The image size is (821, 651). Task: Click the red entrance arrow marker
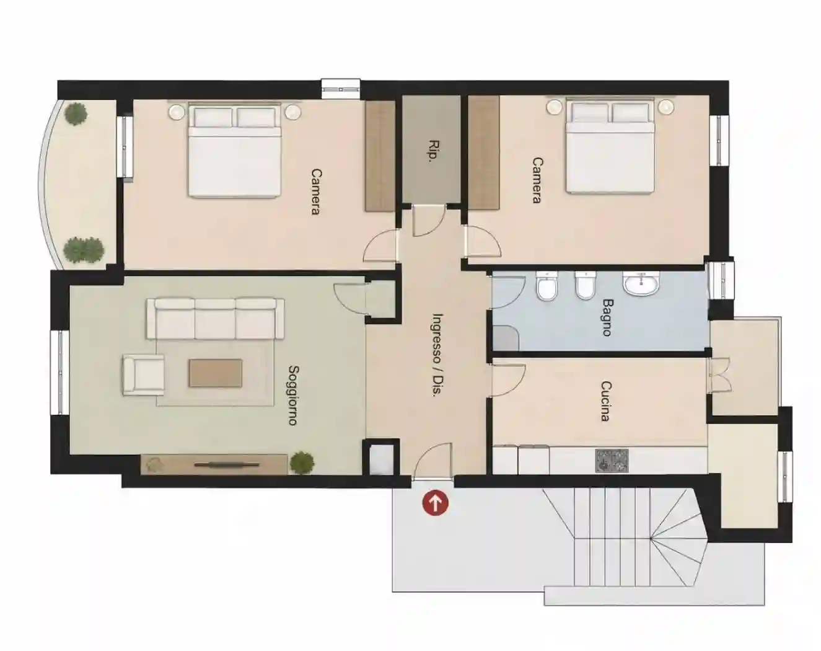(x=436, y=503)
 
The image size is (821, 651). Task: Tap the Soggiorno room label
(x=293, y=395)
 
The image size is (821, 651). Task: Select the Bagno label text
(x=607, y=317)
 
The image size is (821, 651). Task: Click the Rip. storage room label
(x=433, y=151)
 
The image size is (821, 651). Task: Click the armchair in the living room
(x=143, y=375)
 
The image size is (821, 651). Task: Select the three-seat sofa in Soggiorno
(x=216, y=319)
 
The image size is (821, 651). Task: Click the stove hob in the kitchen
(x=612, y=461)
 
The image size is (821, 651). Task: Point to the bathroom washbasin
(x=641, y=283)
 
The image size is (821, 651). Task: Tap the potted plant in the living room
(x=302, y=463)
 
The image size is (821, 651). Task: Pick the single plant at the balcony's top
(x=76, y=114)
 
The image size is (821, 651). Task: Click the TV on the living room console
(x=226, y=464)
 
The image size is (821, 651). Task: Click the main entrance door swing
(x=433, y=461)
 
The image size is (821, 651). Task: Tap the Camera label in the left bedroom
(x=316, y=192)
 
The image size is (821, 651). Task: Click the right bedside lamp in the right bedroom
(x=665, y=107)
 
